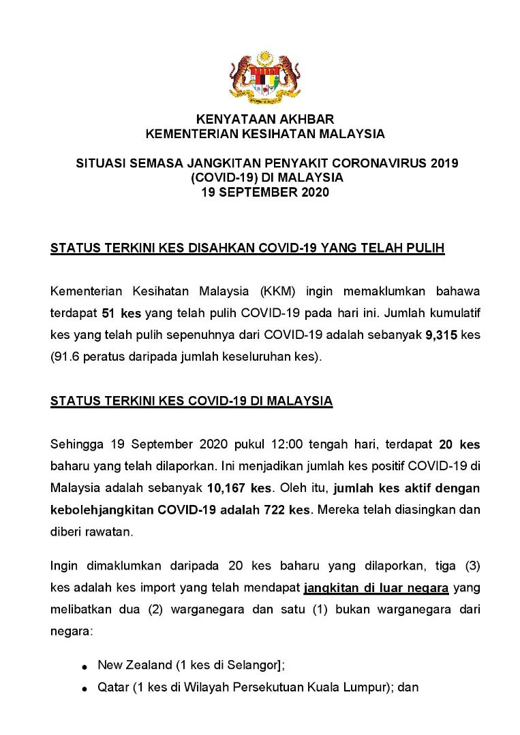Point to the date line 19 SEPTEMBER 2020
pyautogui.click(x=265, y=193)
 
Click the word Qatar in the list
pyautogui.click(x=111, y=687)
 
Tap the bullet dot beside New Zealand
pyautogui.click(x=84, y=667)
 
